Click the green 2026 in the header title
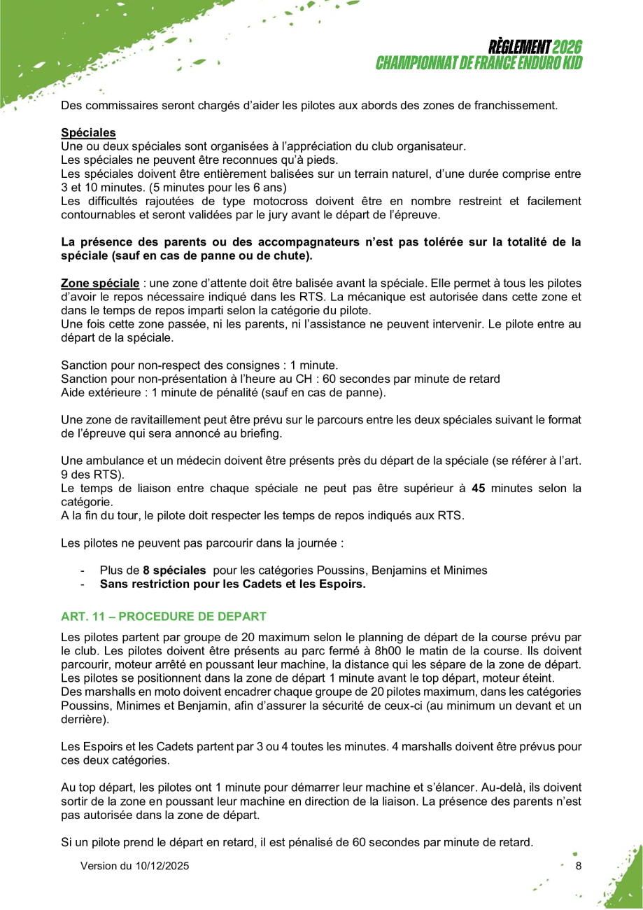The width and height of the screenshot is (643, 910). (x=567, y=48)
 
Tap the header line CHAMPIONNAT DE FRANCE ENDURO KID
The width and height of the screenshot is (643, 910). (x=479, y=62)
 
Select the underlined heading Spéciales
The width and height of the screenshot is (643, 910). (x=88, y=132)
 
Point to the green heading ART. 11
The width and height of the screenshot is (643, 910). (x=164, y=616)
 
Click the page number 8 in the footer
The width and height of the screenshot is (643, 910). (x=579, y=866)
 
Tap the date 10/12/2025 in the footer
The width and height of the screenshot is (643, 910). (x=162, y=866)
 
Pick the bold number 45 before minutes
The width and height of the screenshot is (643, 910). (x=479, y=489)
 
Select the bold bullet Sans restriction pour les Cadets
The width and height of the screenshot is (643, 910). (x=232, y=583)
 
